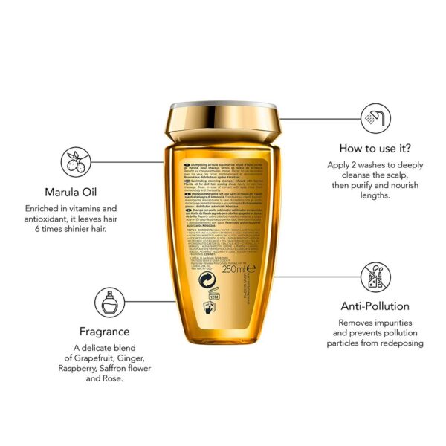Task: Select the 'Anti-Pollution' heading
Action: point(375,306)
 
